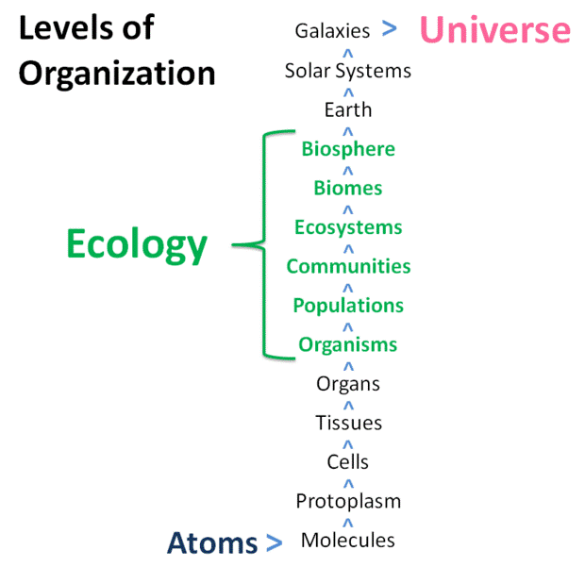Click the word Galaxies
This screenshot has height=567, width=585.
(x=332, y=30)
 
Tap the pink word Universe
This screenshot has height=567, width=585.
(x=495, y=29)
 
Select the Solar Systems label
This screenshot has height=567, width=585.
(x=348, y=71)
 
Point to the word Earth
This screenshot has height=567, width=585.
(x=348, y=109)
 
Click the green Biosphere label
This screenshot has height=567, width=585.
(x=348, y=149)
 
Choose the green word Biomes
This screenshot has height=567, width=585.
(x=348, y=188)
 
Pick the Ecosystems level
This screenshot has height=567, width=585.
(x=348, y=227)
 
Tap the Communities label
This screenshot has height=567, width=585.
(x=348, y=266)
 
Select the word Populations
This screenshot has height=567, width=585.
(x=348, y=306)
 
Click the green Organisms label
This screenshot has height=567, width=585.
(x=348, y=344)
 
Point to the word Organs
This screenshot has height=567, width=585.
(x=348, y=384)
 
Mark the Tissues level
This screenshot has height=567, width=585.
(x=349, y=423)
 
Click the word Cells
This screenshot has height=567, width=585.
(x=348, y=461)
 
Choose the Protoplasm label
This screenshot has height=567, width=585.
(x=348, y=501)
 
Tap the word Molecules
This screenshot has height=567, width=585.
(x=348, y=541)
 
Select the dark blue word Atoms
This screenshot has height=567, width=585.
(x=212, y=542)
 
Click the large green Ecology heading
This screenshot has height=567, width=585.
(x=137, y=244)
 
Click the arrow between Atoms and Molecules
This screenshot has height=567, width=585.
(x=275, y=542)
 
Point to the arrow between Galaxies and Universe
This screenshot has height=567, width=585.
(x=390, y=28)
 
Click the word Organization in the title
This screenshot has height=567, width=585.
(x=117, y=74)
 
